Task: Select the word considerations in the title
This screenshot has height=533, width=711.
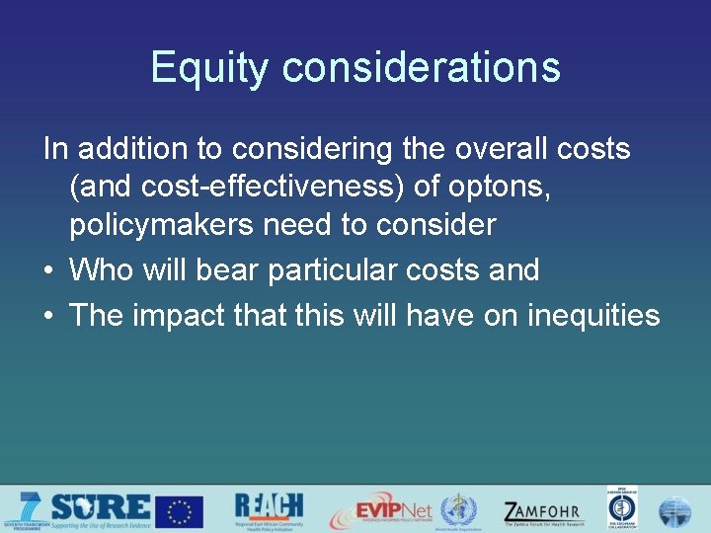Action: tap(421, 68)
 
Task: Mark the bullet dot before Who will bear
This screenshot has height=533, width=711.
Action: tap(49, 270)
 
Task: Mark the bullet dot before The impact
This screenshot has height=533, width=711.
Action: tap(49, 316)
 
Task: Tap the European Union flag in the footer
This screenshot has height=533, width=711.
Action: tap(179, 511)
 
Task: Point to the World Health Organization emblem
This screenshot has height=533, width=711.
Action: tap(458, 511)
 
